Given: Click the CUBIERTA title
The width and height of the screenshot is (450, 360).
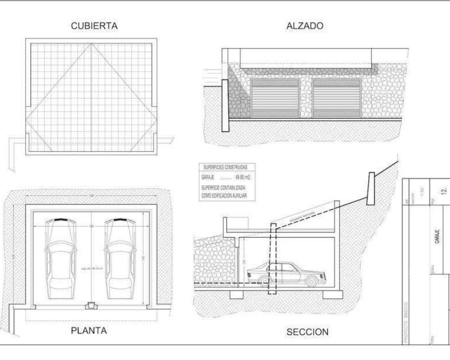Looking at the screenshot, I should click(94, 26).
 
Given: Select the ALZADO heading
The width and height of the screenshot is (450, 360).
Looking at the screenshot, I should click(305, 26).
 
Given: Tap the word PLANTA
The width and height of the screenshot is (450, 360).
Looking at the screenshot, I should click(89, 330).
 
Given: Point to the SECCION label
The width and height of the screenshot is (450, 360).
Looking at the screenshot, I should click(307, 332).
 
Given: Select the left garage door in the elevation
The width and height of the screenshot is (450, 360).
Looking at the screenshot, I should click(275, 98).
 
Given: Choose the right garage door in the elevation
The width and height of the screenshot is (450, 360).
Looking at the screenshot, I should click(337, 98).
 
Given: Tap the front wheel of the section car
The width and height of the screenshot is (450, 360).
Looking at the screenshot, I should click(310, 281).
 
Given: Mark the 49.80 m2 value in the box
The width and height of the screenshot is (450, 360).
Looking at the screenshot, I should click(243, 177).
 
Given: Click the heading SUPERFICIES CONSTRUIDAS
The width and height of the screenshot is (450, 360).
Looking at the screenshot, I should click(225, 167).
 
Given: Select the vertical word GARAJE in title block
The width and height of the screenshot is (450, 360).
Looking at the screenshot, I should click(438, 237).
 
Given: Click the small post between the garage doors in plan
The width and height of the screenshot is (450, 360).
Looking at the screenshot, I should click(91, 306).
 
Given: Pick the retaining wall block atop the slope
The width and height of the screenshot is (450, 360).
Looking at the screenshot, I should click(371, 188).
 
